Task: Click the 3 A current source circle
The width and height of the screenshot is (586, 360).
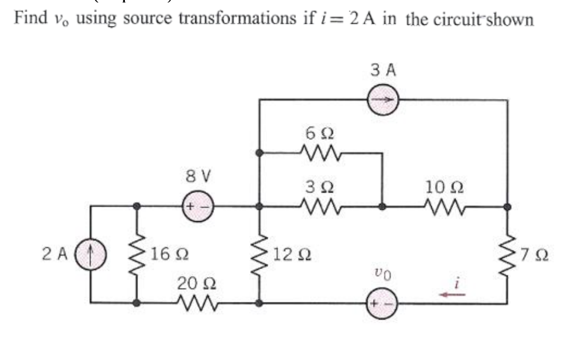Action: coord(382,100)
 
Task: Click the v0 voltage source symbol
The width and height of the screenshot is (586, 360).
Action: coord(382,303)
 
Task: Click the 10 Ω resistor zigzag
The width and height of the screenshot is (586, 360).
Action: coord(444,206)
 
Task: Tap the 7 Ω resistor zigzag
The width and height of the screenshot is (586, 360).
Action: coord(507,255)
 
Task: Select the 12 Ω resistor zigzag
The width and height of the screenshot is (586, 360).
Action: coord(259,255)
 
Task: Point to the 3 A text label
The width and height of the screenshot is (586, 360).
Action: coord(383,70)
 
